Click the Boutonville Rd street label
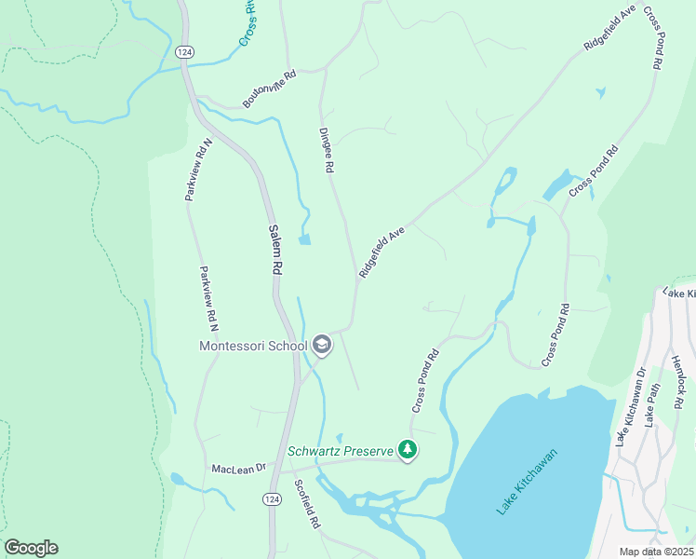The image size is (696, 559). point(269,89)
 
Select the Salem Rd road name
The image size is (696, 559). point(275,249)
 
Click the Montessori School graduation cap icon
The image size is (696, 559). point(321,346)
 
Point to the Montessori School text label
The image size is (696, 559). point(253,346)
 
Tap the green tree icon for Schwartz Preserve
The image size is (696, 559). point(407,451)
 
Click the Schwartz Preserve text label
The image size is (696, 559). point(341,451)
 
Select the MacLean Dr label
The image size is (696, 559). point(239,468)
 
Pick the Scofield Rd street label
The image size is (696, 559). point(307,504)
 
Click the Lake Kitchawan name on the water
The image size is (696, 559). point(527,481)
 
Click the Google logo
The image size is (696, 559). point(31,548)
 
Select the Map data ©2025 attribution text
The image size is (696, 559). point(656,552)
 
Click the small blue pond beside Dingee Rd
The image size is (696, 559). point(304,239)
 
